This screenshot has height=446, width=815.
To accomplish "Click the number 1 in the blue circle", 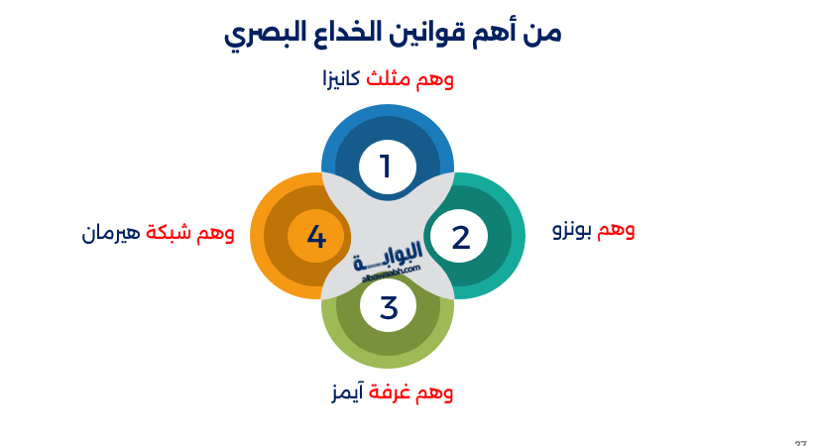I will (x=386, y=167).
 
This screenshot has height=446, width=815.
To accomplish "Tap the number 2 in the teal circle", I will (x=460, y=238).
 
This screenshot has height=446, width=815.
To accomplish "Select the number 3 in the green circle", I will (x=388, y=307).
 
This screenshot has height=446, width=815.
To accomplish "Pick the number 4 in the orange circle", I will (x=316, y=238).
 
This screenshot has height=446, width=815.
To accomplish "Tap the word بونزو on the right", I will (x=572, y=230).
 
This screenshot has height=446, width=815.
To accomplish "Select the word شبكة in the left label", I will (x=169, y=234).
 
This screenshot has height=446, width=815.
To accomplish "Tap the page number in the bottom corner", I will (x=800, y=442).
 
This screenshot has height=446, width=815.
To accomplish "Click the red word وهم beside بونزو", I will (x=616, y=230).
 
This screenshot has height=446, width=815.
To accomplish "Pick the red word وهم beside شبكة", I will (x=216, y=234).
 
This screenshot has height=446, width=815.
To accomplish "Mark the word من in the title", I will (x=542, y=33).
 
